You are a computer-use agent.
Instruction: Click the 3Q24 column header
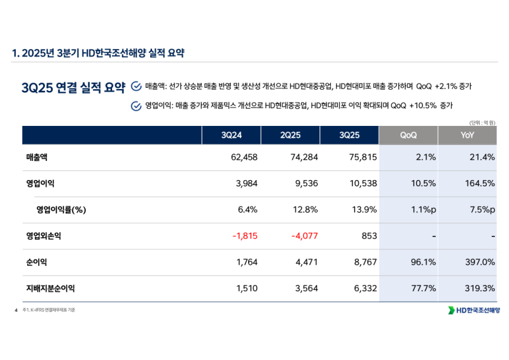[x=232, y=135]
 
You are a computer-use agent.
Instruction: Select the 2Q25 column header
[x=290, y=135]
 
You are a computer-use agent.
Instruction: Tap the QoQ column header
[x=408, y=135]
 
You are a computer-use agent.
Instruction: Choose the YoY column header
[x=467, y=135]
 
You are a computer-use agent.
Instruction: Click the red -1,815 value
[x=244, y=236]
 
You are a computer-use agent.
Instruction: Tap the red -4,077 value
[x=304, y=236]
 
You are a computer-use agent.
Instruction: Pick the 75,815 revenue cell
[x=363, y=158]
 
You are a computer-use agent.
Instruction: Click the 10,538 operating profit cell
[x=363, y=184]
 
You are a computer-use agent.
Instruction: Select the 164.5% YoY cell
[x=480, y=184]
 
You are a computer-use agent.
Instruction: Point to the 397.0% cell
[x=480, y=262]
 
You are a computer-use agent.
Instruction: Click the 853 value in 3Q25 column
[x=369, y=236]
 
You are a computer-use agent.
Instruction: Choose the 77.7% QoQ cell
[x=423, y=288]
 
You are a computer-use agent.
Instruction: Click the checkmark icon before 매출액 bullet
[x=136, y=86]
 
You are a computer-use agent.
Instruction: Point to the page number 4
[x=15, y=310]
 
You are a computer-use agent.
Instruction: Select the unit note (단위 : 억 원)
[x=482, y=122]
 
